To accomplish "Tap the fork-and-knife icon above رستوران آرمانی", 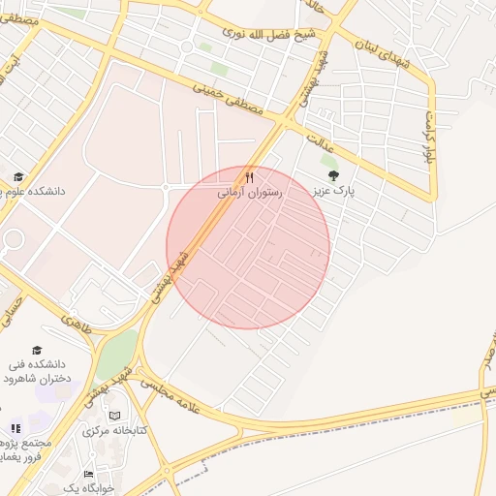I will [249, 177].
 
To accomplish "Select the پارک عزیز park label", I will [333, 192].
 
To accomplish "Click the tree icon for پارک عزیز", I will [334, 175].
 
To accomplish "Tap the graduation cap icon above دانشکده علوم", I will [18, 176].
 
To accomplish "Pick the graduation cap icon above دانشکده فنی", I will [37, 351].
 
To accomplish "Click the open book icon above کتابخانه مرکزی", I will [114, 415].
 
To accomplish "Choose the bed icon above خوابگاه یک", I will [90, 475].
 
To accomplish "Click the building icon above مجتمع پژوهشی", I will [15, 428].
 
